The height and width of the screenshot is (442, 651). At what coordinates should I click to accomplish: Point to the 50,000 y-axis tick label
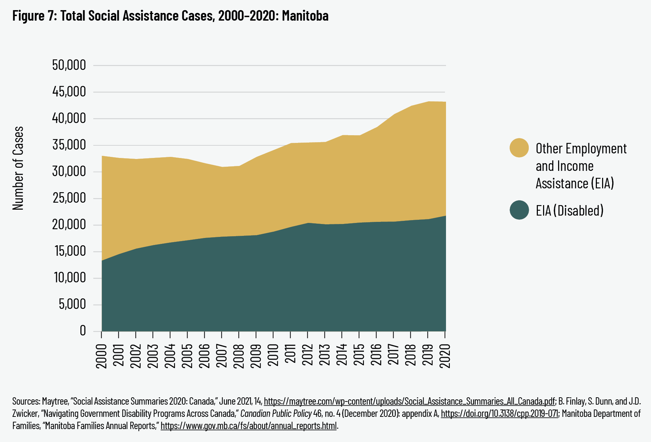(x=69, y=65)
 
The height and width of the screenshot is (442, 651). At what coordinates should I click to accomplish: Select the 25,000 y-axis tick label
(x=69, y=198)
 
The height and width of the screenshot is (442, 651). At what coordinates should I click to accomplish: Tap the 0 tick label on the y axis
(x=82, y=330)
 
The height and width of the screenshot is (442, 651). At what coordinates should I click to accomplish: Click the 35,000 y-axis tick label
(x=69, y=145)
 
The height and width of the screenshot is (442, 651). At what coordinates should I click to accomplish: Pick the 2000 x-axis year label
(x=101, y=356)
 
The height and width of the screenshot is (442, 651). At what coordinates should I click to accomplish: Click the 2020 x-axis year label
(x=445, y=356)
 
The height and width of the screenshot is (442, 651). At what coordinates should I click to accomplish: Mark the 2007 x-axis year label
(x=221, y=356)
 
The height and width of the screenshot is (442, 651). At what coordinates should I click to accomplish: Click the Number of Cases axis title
(x=18, y=168)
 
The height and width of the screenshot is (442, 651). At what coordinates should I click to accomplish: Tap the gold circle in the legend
(x=519, y=148)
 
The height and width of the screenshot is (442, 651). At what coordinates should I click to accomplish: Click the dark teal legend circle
(x=519, y=210)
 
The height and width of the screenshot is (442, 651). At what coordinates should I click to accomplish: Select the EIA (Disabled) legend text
(x=569, y=211)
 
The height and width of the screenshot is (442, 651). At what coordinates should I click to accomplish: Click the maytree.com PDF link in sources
(x=409, y=401)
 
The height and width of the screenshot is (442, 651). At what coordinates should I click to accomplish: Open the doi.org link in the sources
(x=499, y=414)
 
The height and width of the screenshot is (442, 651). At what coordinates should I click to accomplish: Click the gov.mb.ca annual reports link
(x=249, y=426)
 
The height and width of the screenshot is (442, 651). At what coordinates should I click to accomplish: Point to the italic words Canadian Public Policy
(x=276, y=414)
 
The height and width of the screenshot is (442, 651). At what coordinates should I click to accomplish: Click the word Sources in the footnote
(x=26, y=401)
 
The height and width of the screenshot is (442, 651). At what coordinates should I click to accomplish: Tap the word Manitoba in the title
(x=305, y=16)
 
